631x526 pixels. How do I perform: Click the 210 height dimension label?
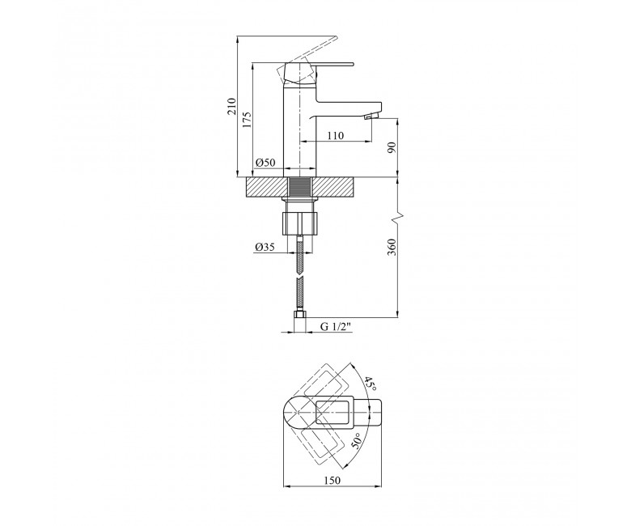232,107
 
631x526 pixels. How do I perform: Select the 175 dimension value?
247,120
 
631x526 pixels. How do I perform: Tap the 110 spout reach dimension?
335,136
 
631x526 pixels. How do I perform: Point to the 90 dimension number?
392,148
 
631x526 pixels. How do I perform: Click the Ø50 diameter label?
265,163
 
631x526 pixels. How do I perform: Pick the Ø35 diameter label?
265,247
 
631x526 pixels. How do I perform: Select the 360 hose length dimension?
392,247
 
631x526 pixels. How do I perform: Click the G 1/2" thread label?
336,326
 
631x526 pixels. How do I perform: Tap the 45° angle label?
371,384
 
